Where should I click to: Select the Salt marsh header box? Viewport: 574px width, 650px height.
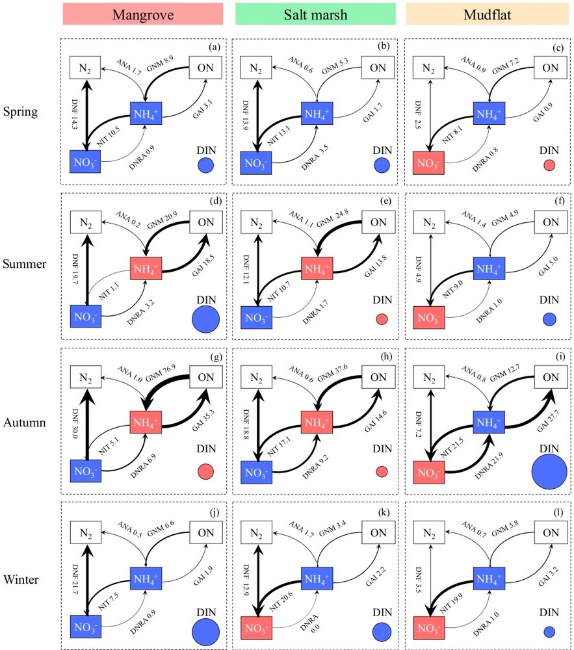(315, 14)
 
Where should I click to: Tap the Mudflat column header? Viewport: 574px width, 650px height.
(487, 14)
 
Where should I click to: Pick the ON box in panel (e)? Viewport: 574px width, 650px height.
(378, 223)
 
